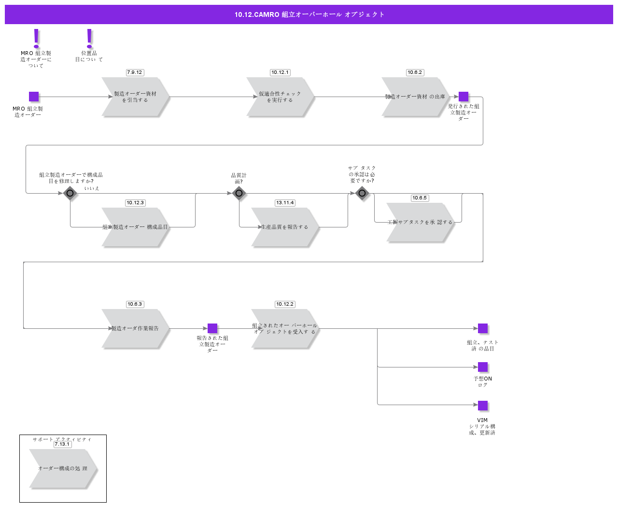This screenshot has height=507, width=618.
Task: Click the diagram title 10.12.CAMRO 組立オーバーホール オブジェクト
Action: (x=309, y=14)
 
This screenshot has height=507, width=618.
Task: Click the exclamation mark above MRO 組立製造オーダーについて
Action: (x=36, y=39)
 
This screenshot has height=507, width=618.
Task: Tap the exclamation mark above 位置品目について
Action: (x=89, y=39)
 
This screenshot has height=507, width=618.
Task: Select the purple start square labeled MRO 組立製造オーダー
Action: (x=34, y=97)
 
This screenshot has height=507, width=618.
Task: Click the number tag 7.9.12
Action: (x=135, y=72)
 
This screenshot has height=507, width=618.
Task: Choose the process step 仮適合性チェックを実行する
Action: (x=280, y=97)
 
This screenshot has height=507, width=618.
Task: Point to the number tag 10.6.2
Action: (x=415, y=72)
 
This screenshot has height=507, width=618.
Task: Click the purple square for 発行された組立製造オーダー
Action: (x=463, y=97)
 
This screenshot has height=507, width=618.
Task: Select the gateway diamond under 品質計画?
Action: (x=239, y=193)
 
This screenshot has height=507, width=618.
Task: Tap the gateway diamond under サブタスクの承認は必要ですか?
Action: (x=362, y=193)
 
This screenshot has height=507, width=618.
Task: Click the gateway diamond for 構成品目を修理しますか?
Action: (x=70, y=193)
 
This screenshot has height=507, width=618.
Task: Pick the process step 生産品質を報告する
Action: (x=285, y=227)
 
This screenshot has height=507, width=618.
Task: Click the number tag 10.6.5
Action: (x=420, y=198)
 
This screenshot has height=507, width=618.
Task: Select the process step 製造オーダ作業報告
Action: (x=135, y=328)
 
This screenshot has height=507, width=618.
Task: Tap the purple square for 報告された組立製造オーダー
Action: (x=212, y=328)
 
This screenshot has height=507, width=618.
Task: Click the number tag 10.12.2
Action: (x=285, y=304)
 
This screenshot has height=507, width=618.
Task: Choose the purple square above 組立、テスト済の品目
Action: (x=483, y=328)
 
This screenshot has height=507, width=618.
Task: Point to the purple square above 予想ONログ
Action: (x=483, y=367)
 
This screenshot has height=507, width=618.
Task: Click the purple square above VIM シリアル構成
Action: (x=483, y=406)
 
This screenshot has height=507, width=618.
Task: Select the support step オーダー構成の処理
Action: (x=63, y=468)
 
